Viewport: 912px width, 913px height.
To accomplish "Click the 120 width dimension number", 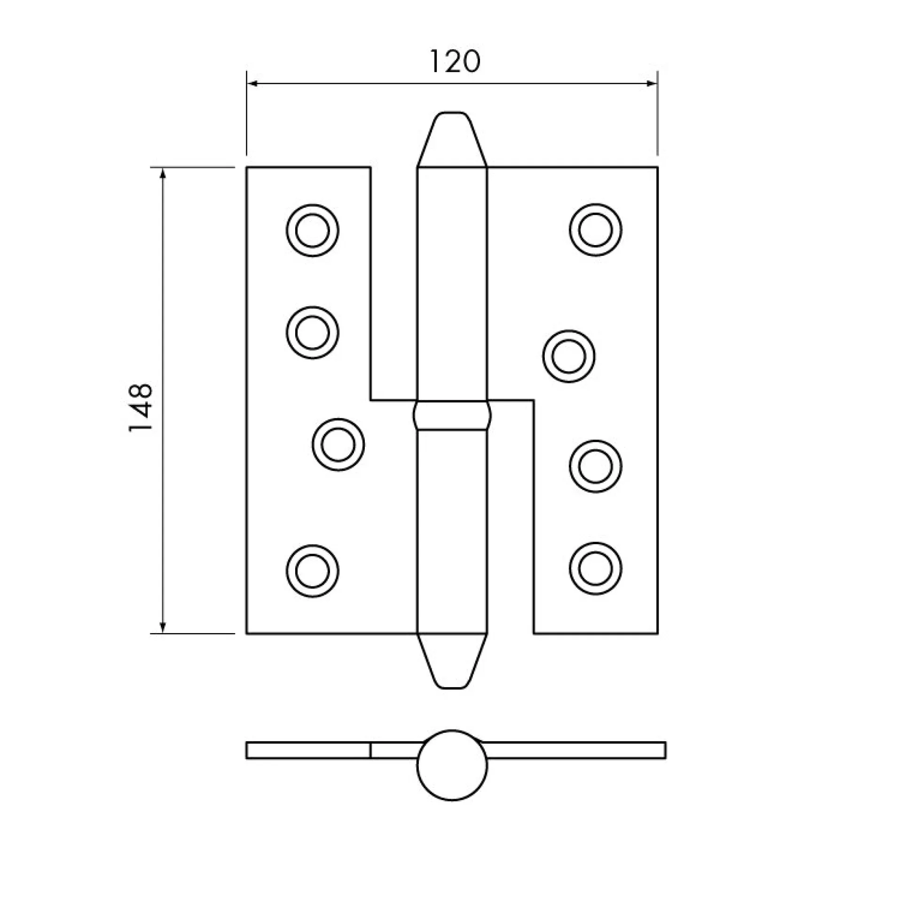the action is (455, 62).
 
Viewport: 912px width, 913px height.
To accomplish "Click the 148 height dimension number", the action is (140, 407).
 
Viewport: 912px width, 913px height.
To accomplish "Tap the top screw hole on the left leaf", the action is (312, 230).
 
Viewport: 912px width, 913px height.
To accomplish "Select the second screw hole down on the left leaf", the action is (312, 333).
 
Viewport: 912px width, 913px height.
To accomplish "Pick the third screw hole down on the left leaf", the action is (338, 445).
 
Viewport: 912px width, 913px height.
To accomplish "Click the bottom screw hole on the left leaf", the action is (312, 571).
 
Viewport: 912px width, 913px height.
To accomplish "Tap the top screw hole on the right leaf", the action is (595, 230).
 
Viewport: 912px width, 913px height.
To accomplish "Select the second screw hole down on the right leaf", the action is (569, 357).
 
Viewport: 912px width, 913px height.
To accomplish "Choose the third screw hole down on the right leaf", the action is (595, 467).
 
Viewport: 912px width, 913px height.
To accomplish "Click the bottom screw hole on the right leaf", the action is (595, 568).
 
